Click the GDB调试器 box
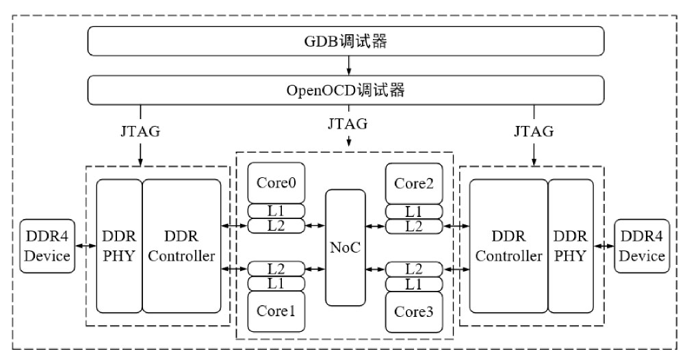346,42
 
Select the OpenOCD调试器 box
346,89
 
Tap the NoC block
346,247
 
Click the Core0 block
276,183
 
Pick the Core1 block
276,311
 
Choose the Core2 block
414,183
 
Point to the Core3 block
414,311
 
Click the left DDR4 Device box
47,246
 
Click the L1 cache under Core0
276,211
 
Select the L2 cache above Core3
414,269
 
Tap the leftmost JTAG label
140,131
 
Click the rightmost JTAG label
533,131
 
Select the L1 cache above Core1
276,283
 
